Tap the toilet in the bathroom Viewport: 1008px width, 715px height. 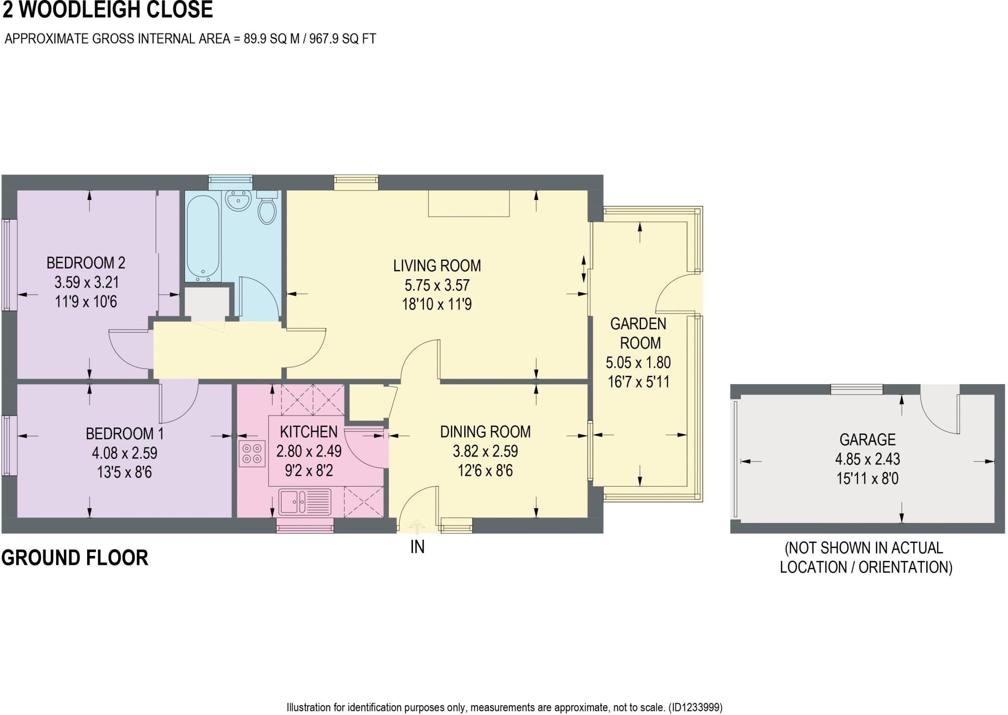point(267,210)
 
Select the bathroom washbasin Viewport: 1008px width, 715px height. point(238,200)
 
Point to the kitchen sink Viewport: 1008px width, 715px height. point(305,502)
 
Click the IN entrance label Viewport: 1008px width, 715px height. point(417,547)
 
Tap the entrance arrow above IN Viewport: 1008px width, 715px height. point(417,526)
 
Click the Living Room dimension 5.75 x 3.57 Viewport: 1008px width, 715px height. point(437,285)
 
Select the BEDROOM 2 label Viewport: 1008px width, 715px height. point(86,263)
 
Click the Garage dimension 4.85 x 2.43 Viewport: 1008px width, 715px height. point(867,459)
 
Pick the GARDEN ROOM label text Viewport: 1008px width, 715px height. point(638,333)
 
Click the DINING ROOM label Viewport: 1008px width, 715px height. point(485,432)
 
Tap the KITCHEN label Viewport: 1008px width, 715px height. point(309,432)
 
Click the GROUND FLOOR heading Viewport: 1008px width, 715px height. point(75,558)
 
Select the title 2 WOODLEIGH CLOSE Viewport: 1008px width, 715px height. point(108,10)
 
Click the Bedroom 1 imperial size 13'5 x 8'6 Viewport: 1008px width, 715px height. point(124,472)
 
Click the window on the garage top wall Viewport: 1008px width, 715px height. point(856,390)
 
